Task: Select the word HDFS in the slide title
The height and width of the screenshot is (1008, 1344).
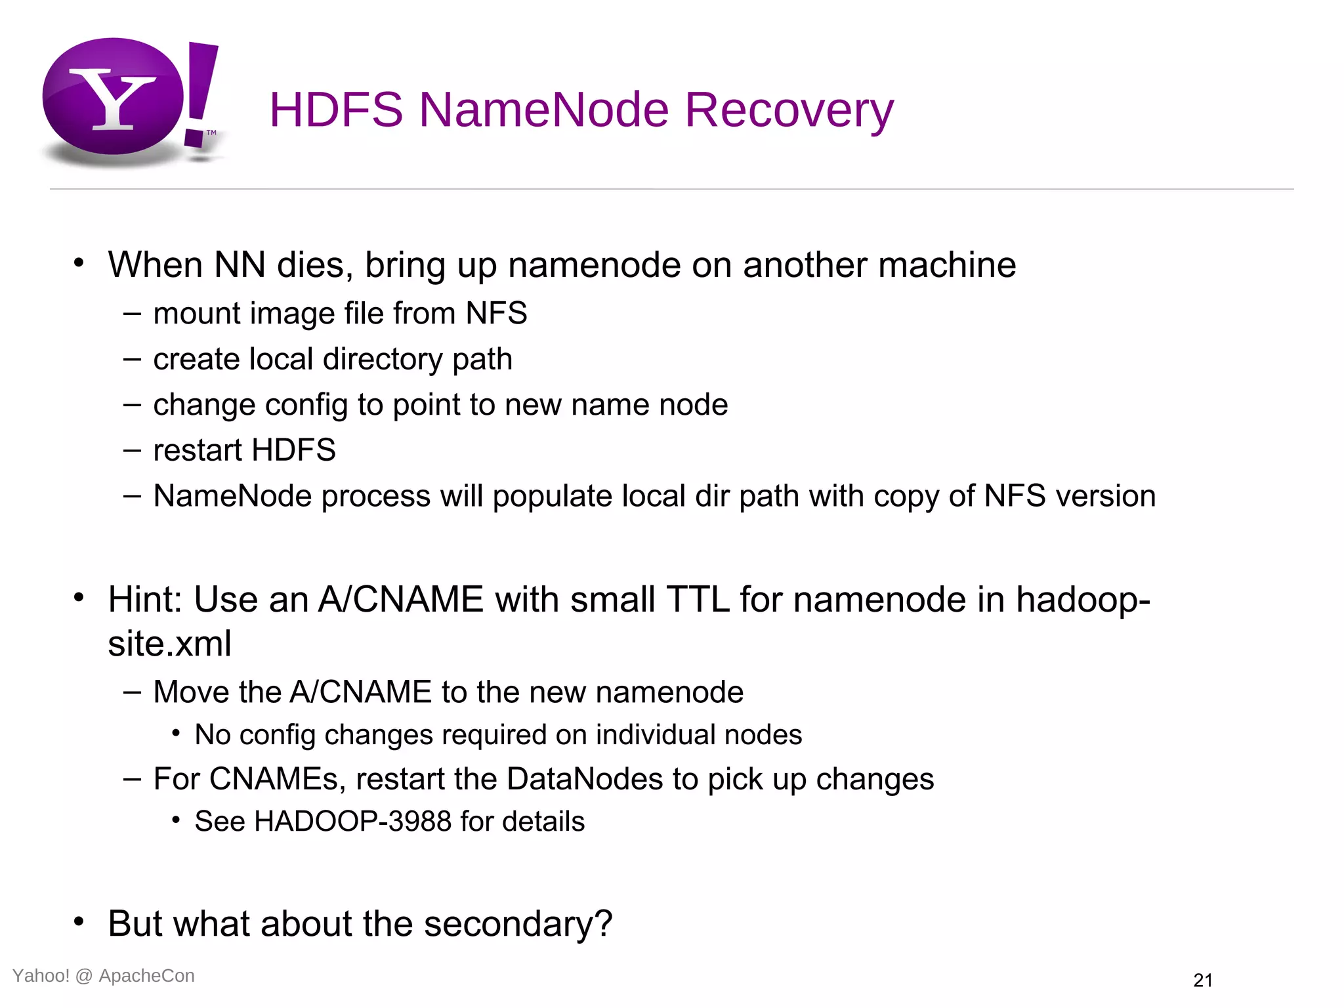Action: (336, 110)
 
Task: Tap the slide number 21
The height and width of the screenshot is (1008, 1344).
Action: (1202, 980)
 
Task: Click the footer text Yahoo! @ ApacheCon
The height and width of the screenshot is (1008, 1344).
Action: (104, 976)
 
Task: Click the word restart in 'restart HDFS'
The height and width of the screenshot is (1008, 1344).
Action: (198, 451)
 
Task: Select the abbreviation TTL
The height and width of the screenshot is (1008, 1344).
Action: (697, 600)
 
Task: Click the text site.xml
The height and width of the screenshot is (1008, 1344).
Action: (170, 644)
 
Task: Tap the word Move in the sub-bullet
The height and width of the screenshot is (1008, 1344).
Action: (190, 692)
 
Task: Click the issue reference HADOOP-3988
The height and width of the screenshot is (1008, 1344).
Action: (353, 822)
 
